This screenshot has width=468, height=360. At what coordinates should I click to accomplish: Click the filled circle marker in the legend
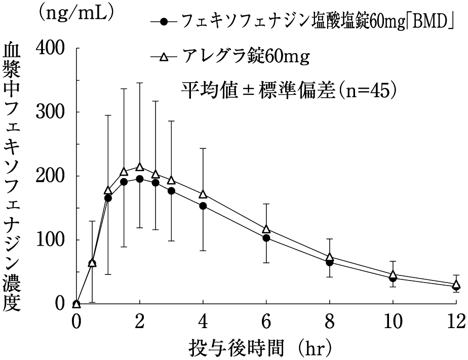[163, 22]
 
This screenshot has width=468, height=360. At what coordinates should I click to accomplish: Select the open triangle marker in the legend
[163, 57]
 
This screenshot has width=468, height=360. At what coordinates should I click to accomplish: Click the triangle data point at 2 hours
[140, 167]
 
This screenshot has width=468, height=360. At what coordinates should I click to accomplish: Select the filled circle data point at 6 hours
[266, 238]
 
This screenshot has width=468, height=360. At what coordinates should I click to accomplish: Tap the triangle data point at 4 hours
[203, 194]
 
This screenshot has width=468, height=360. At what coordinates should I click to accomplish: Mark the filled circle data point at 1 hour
[108, 198]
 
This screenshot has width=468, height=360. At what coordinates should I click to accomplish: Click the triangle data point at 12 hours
[456, 285]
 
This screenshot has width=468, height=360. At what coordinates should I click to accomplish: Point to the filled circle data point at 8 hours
[329, 262]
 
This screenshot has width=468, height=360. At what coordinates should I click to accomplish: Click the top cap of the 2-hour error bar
[140, 83]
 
